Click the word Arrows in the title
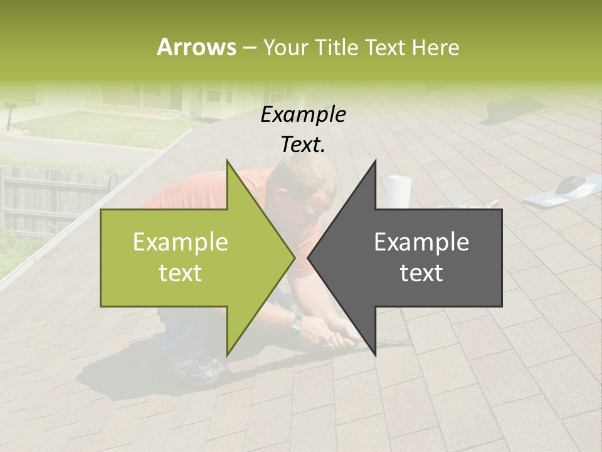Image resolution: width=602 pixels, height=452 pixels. click(196, 47)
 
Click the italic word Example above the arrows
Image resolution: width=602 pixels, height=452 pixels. click(304, 115)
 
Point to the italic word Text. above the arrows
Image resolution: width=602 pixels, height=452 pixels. click(304, 145)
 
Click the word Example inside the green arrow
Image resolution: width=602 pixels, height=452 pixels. click(181, 242)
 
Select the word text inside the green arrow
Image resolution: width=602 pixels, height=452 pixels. click(181, 273)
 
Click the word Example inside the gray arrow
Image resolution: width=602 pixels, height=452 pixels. click(421, 242)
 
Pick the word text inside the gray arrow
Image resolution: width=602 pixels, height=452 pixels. click(421, 273)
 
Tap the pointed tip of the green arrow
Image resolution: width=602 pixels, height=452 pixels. click(294, 257)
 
